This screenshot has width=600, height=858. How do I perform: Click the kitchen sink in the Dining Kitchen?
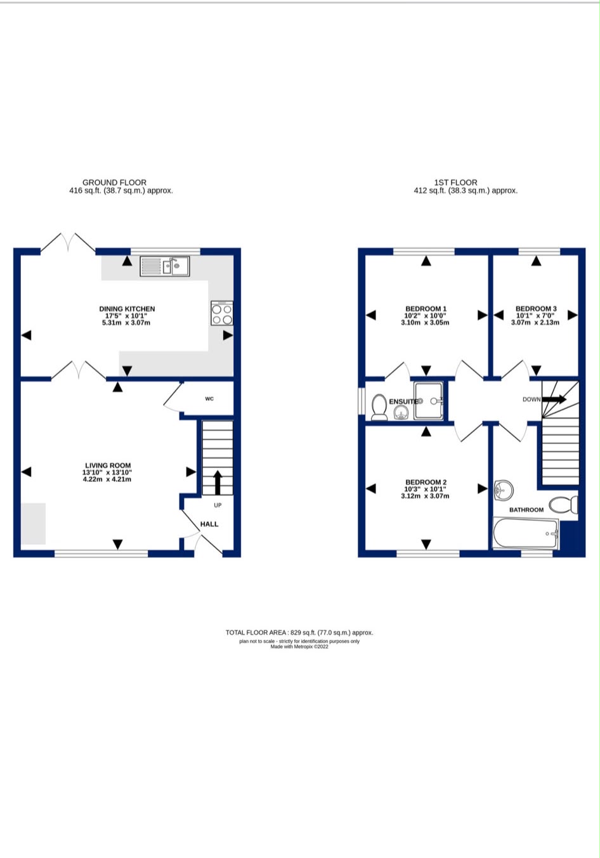(164, 266)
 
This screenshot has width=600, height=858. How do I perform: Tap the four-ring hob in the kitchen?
(221, 313)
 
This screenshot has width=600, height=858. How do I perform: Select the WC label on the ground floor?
(209, 399)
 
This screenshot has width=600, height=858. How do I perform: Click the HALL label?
(209, 524)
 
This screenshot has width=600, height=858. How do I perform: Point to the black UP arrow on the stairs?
(218, 483)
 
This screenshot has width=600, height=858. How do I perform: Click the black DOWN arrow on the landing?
(554, 399)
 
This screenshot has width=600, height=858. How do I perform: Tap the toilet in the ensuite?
(379, 406)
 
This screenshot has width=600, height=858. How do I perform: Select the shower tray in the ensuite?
(428, 401)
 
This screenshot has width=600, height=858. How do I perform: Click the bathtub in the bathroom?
(526, 533)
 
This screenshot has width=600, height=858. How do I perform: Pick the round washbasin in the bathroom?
(504, 490)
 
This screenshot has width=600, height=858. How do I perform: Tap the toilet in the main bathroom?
(563, 505)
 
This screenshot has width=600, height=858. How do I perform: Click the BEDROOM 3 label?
(536, 308)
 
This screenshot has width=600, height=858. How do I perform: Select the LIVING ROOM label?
(108, 465)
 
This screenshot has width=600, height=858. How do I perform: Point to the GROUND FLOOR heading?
(114, 183)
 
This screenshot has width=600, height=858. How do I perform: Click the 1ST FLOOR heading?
(455, 183)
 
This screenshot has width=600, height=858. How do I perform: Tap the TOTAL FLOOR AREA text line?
(299, 632)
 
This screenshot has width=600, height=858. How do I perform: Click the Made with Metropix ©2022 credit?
(299, 647)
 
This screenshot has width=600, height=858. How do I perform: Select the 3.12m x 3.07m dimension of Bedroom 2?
(425, 496)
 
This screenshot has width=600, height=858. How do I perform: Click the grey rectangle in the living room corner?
(34, 524)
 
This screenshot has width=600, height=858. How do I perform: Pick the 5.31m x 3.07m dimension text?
(126, 323)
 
